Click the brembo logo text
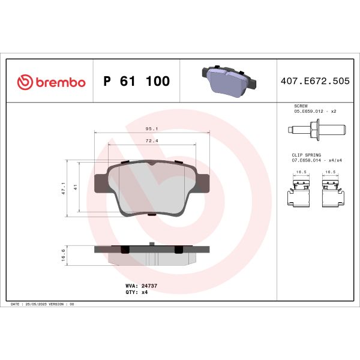point(58,82)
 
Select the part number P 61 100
point(137,82)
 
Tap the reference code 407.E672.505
point(315,82)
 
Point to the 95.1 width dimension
point(152,128)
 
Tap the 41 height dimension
point(76,187)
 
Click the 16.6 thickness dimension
point(64,256)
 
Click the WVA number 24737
point(149,286)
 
